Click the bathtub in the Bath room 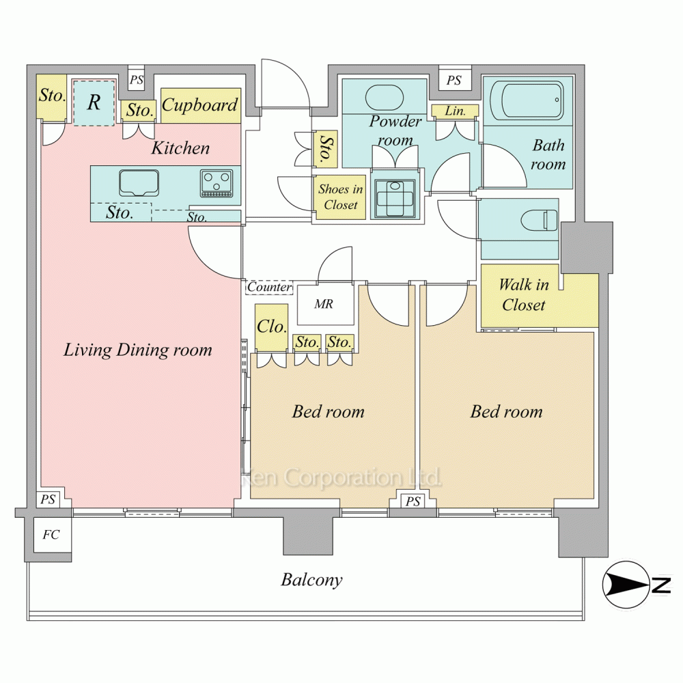click(527, 100)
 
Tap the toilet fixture click(540, 220)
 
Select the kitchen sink click(139, 183)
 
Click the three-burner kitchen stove click(217, 183)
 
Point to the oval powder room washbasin click(385, 98)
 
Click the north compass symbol click(626, 585)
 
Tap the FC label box click(51, 535)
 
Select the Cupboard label click(200, 105)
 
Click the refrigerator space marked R click(94, 103)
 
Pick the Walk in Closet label click(523, 295)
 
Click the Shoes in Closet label click(341, 197)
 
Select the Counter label click(269, 287)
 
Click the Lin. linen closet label click(455, 111)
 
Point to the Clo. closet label click(271, 326)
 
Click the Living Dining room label click(138, 350)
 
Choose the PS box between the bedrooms click(413, 501)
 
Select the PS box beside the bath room click(454, 80)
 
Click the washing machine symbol click(395, 199)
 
